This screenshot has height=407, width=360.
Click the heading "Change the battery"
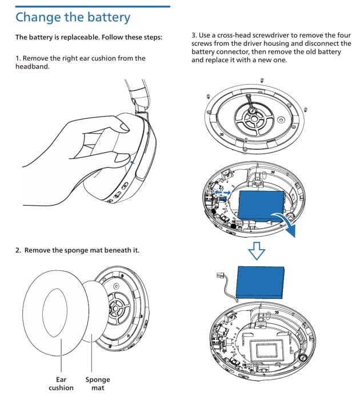(x=73, y=17)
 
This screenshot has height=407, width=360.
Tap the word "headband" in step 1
(x=32, y=66)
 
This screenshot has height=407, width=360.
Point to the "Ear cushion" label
(x=61, y=384)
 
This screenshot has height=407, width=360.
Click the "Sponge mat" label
(x=98, y=384)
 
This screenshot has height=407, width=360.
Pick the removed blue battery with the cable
(x=261, y=282)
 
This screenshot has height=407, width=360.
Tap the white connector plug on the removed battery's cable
(x=219, y=276)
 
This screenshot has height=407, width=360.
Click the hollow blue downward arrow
(x=257, y=251)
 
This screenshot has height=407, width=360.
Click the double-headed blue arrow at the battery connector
(x=223, y=192)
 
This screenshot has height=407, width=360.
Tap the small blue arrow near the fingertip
(x=133, y=162)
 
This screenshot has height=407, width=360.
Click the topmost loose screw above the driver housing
(x=262, y=80)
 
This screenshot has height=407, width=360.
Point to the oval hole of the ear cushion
(x=55, y=313)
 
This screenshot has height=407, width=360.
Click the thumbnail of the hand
(x=125, y=127)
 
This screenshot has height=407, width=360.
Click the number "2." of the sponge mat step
(x=18, y=250)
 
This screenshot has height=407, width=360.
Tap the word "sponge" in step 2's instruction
(x=76, y=250)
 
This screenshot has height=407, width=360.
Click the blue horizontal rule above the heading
(x=93, y=6)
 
